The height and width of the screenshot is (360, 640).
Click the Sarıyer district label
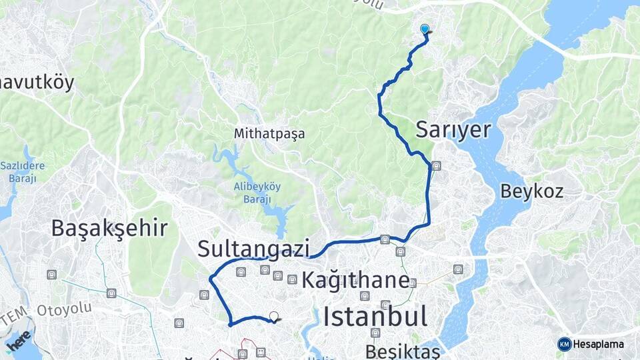[x=453, y=130]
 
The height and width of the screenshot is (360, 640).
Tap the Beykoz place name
[x=531, y=192]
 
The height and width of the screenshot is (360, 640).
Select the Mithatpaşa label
[x=269, y=133]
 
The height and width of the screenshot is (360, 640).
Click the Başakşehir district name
[x=109, y=229]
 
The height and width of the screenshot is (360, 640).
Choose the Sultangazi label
[x=253, y=249]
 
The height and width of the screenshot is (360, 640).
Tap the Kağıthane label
[x=355, y=281]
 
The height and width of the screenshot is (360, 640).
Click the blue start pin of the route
[x=425, y=29]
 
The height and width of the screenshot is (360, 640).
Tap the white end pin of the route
[x=273, y=317]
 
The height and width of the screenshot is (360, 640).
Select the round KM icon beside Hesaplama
[x=564, y=344]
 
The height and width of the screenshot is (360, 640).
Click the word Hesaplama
[x=598, y=344]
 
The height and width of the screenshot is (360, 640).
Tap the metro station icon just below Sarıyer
[x=436, y=166]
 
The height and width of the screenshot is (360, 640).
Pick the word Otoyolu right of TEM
[x=63, y=310]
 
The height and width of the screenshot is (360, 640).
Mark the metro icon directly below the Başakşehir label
[x=111, y=292]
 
